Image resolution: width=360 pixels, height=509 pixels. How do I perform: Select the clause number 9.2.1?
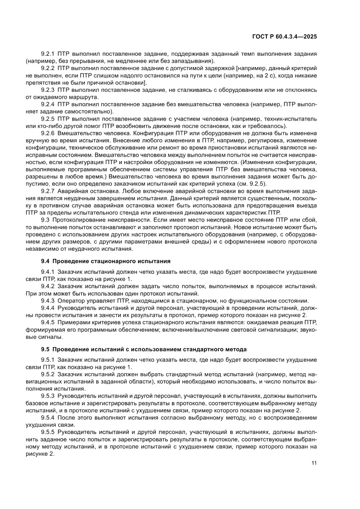pyautogui.click(x=48, y=54)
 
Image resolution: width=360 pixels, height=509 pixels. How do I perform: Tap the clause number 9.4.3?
pyautogui.click(x=48, y=301)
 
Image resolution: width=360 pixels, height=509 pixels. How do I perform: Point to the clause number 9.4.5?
pyautogui.click(x=48, y=322)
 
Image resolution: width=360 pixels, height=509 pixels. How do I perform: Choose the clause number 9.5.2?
pyautogui.click(x=48, y=374)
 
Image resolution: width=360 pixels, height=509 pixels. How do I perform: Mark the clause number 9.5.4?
pyautogui.click(x=48, y=417)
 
